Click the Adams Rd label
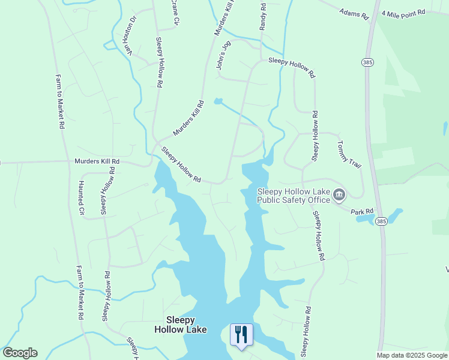(354, 14)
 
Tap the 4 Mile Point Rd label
(403, 12)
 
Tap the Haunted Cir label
(82, 199)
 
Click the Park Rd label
(362, 212)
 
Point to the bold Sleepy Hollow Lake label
(181, 325)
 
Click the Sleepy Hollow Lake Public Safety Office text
(294, 196)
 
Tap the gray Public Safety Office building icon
(339, 194)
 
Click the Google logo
(20, 353)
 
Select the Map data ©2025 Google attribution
(412, 355)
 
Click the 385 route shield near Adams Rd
(367, 62)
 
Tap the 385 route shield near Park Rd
(381, 221)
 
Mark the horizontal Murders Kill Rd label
(97, 161)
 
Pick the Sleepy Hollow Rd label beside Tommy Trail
(315, 136)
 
